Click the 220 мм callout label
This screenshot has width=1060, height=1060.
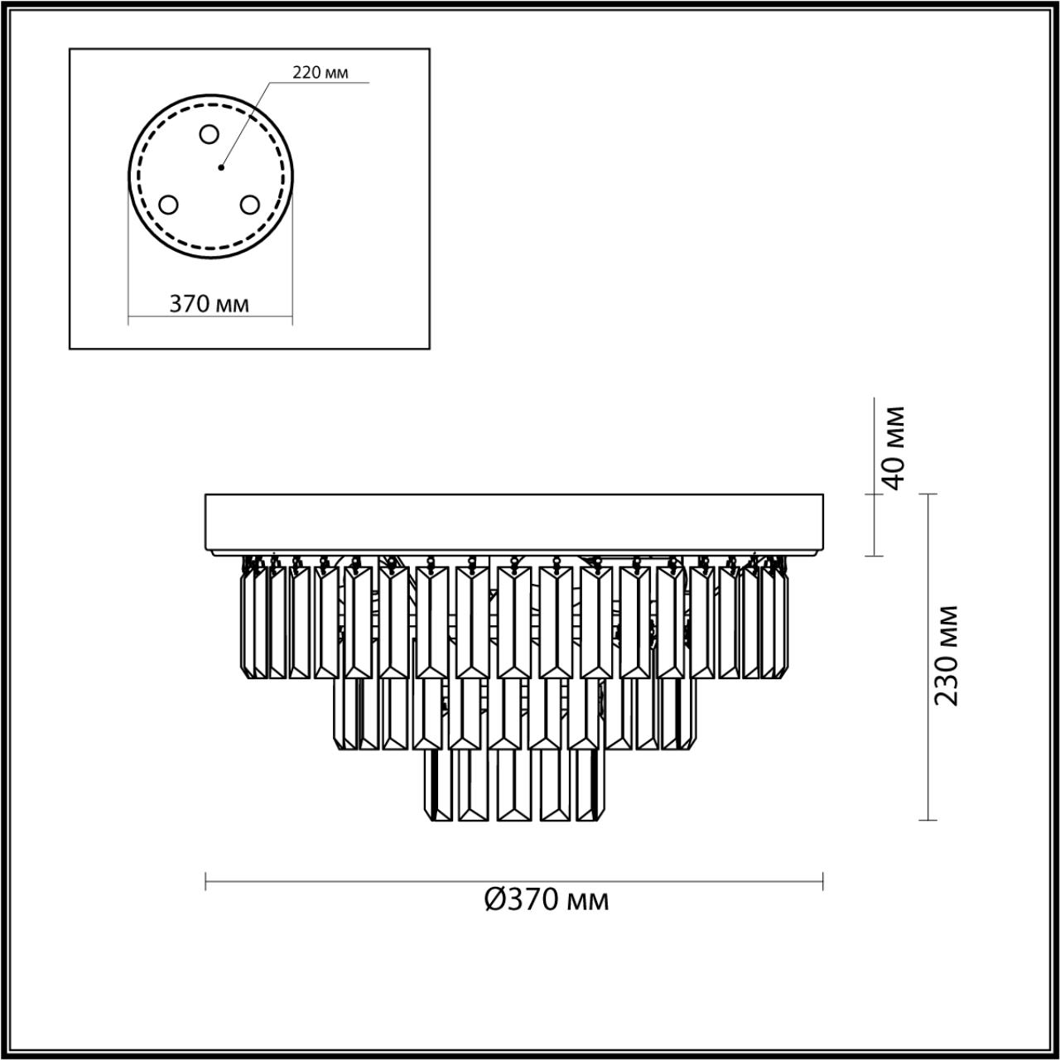[320, 73]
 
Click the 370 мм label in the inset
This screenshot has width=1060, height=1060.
[210, 304]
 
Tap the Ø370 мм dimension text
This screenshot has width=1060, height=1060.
[547, 899]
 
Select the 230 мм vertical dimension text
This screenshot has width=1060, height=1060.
[946, 655]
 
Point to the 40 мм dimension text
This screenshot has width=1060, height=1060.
[893, 447]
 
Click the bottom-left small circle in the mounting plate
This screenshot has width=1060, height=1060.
[168, 204]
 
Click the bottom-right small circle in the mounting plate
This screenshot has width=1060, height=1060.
[249, 204]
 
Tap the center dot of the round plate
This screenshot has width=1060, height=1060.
[220, 168]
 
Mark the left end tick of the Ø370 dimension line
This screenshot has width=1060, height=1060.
[205, 881]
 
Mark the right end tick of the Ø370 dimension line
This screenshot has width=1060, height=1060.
[822, 881]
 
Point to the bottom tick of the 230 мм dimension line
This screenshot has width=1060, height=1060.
[927, 820]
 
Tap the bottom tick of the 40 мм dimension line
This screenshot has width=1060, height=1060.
[874, 556]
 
